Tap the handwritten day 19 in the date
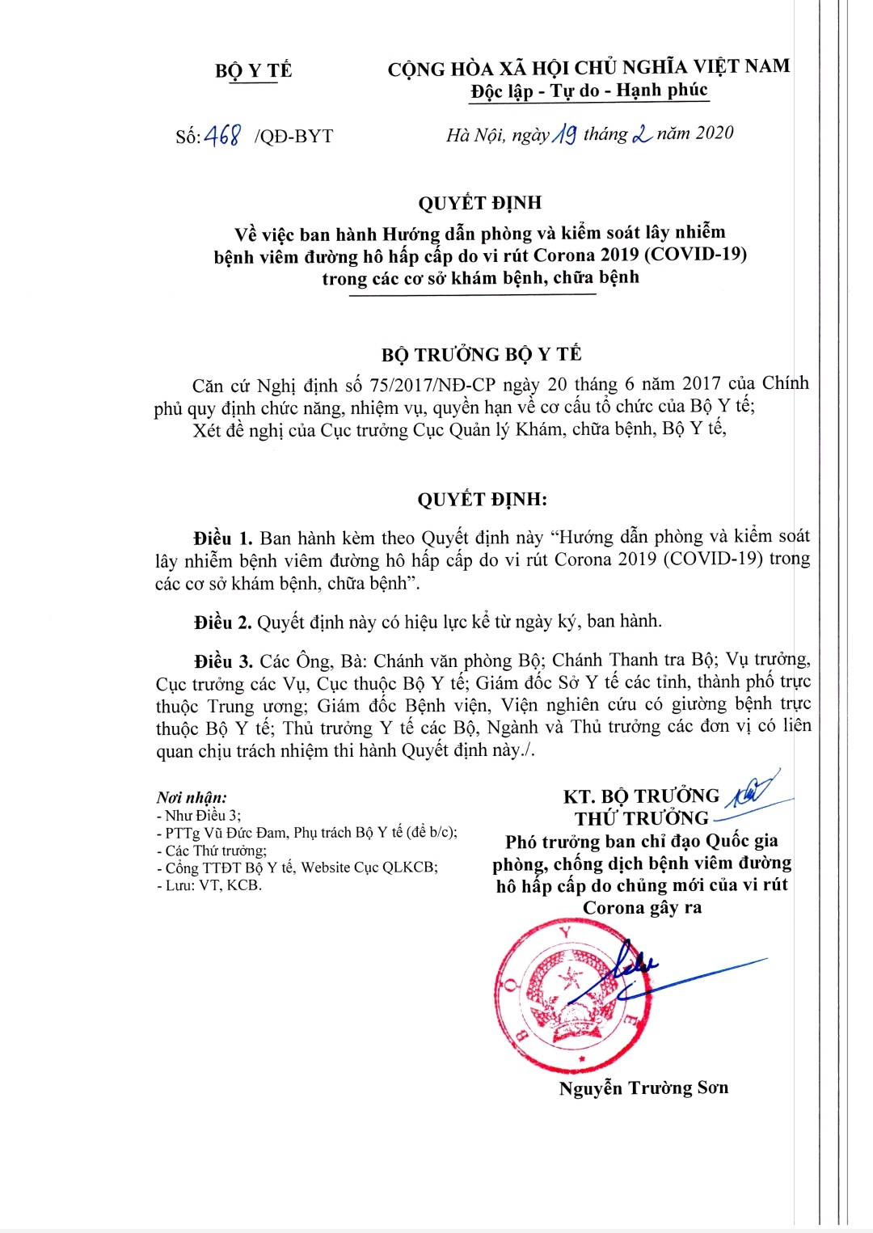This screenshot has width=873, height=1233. (x=564, y=134)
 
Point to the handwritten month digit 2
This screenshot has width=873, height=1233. (x=643, y=134)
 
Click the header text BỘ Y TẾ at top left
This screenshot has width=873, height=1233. (x=253, y=70)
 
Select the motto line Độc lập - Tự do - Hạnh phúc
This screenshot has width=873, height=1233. (x=589, y=91)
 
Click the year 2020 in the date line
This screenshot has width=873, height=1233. (x=713, y=133)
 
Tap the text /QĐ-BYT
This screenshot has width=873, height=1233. (x=293, y=136)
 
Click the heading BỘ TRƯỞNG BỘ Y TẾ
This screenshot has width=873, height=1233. (x=481, y=354)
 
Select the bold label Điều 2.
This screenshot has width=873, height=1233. (x=222, y=622)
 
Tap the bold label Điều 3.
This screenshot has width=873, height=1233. (x=223, y=661)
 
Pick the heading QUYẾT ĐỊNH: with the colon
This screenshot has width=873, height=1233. (x=482, y=500)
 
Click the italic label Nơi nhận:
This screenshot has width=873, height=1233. (x=192, y=798)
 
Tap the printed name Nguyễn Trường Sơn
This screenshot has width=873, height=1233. (x=643, y=1088)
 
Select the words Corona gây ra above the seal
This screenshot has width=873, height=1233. (x=643, y=908)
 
